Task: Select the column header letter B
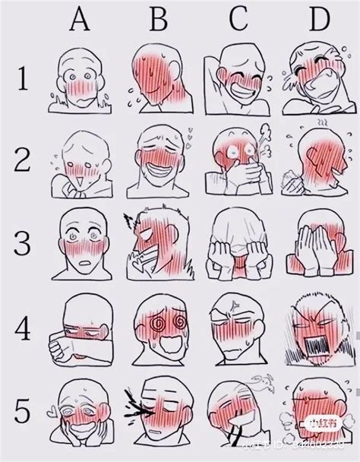(158, 21)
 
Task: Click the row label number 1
(22, 81)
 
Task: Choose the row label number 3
(22, 245)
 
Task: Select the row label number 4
(22, 331)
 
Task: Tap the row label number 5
(22, 414)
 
